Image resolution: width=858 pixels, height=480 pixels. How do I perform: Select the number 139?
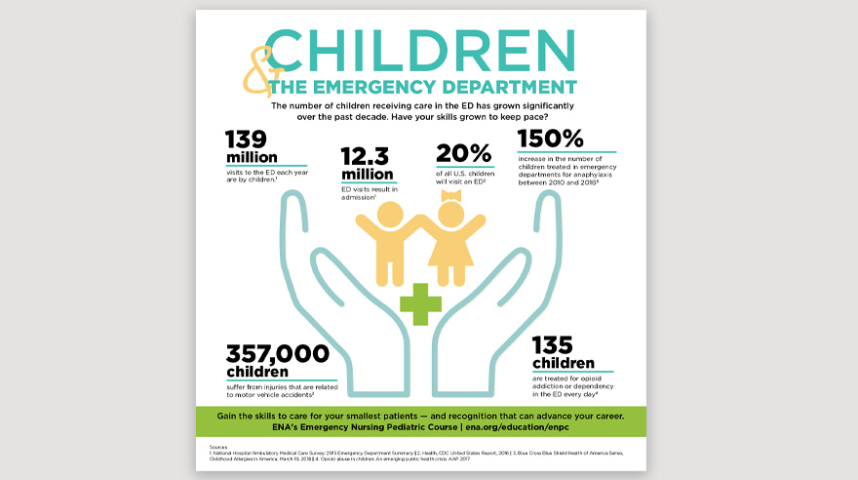(x=248, y=139)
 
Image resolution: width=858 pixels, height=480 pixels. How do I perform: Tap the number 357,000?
(x=278, y=353)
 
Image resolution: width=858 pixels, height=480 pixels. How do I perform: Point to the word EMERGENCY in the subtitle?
(x=365, y=88)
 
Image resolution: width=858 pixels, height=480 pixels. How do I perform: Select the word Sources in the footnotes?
(x=219, y=448)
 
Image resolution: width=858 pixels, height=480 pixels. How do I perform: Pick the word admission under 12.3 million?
(x=359, y=197)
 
